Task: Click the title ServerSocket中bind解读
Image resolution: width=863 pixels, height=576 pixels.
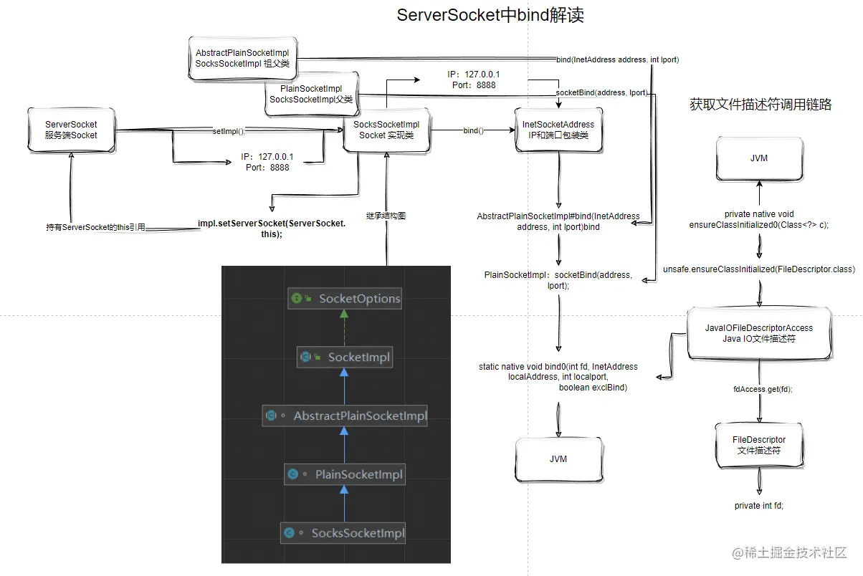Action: pyautogui.click(x=490, y=15)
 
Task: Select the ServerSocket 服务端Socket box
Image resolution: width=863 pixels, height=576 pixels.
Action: pyautogui.click(x=71, y=130)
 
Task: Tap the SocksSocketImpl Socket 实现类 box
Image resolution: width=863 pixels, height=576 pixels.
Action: pyautogui.click(x=386, y=130)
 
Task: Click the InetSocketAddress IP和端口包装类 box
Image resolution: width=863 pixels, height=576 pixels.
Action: pyautogui.click(x=558, y=130)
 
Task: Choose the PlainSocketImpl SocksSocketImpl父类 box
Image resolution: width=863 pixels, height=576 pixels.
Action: pyautogui.click(x=311, y=94)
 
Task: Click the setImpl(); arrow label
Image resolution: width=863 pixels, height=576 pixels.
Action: pyautogui.click(x=229, y=131)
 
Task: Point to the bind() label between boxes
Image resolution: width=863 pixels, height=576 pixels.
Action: pyautogui.click(x=473, y=131)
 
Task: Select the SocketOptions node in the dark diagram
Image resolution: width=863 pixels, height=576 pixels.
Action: pyautogui.click(x=345, y=299)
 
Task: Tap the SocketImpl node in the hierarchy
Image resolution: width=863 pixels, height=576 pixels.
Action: pyautogui.click(x=345, y=357)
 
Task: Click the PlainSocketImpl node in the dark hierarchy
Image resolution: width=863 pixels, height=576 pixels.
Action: pyautogui.click(x=345, y=474)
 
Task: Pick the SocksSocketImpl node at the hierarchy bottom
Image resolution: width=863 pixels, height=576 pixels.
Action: pyautogui.click(x=344, y=533)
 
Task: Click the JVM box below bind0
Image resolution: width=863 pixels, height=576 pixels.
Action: pyautogui.click(x=558, y=459)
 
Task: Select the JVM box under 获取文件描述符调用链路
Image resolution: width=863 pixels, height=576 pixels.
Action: pyautogui.click(x=758, y=158)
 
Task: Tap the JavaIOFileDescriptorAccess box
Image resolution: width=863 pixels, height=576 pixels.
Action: pyautogui.click(x=758, y=333)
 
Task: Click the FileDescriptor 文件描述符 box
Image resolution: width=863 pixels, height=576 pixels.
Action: pyautogui.click(x=758, y=445)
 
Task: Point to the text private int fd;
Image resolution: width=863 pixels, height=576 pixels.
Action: pyautogui.click(x=758, y=506)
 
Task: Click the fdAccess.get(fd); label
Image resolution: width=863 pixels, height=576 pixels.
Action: pyautogui.click(x=758, y=389)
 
